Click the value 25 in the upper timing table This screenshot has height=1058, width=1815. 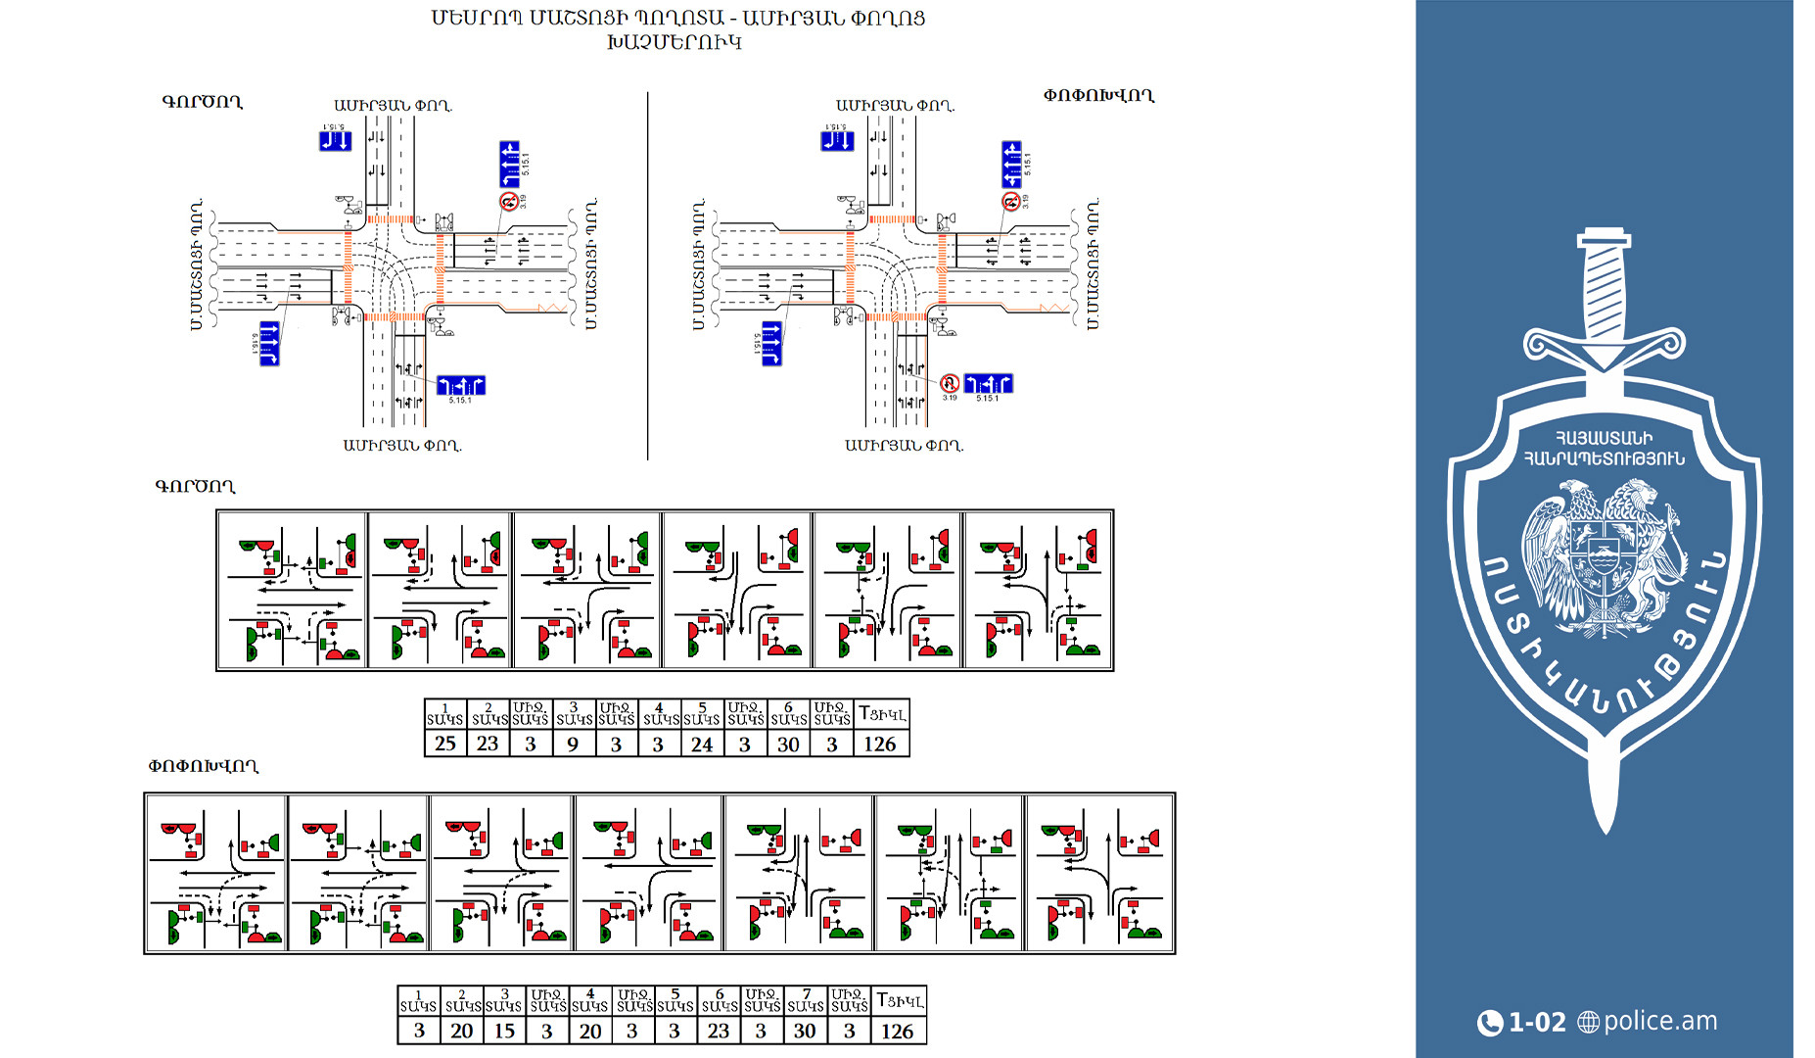(445, 744)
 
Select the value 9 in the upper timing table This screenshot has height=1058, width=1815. (573, 744)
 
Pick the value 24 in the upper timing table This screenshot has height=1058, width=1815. (702, 744)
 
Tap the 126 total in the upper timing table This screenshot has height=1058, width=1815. (879, 744)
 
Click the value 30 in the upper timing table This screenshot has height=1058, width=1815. (788, 744)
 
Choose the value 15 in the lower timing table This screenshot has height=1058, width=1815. (504, 1031)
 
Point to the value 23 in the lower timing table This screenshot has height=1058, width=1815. (719, 1031)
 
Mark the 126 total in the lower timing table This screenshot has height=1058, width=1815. (897, 1031)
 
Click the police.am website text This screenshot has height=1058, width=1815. (1660, 1021)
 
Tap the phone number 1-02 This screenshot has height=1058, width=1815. (1537, 1023)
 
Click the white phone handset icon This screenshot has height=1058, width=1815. (1489, 1023)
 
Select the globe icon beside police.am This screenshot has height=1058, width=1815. (1588, 1023)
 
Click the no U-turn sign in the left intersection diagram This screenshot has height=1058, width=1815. (508, 201)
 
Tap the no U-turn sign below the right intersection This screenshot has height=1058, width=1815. (949, 383)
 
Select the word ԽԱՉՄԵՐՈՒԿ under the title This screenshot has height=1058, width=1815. (675, 42)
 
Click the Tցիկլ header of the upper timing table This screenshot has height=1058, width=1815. (881, 714)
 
